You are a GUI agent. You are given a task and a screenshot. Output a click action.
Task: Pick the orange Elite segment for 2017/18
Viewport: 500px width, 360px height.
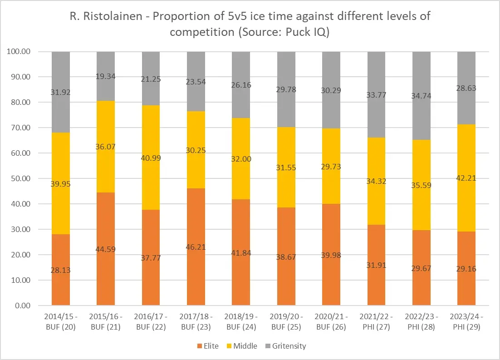tap(196, 254)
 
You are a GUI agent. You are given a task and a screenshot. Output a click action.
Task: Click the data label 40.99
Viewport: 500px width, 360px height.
tap(151, 158)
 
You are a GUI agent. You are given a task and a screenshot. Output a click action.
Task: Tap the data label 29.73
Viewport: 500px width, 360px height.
tap(331, 167)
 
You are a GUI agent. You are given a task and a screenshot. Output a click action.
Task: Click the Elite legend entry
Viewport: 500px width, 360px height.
tap(208, 346)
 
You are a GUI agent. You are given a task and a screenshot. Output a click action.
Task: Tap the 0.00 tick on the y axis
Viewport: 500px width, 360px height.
tap(22, 306)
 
